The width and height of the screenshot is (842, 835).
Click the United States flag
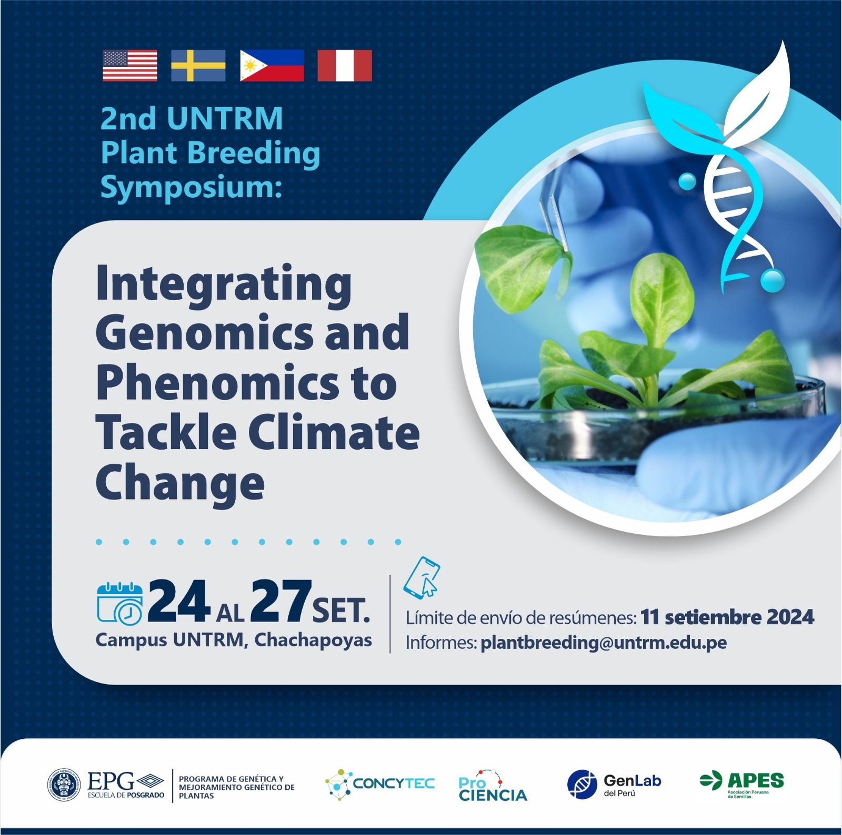[x=130, y=66]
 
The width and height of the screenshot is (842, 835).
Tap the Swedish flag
[x=198, y=66]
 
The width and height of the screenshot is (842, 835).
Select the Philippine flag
[x=272, y=66]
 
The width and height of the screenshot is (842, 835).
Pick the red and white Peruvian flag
[x=345, y=66]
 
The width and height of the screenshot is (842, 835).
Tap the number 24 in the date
[x=179, y=600]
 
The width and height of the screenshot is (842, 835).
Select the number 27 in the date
[x=281, y=600]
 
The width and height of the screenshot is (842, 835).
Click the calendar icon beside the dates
[x=120, y=604]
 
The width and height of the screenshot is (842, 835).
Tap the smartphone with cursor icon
[x=422, y=577]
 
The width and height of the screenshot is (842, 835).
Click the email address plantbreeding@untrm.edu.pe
[x=604, y=643]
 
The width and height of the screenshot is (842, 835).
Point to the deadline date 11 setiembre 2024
[x=727, y=617]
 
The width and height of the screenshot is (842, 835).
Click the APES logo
[x=741, y=784]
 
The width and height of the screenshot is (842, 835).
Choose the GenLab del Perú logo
[x=614, y=784]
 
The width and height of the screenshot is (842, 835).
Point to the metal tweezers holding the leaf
[x=555, y=210]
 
